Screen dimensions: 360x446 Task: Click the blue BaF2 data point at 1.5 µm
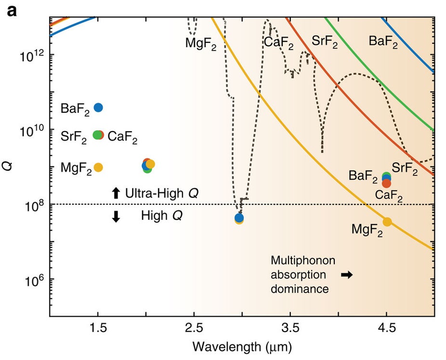coord(98,107)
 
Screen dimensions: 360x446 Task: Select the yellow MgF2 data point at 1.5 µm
coord(98,167)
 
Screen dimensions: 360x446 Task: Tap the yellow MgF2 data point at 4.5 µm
coord(387,221)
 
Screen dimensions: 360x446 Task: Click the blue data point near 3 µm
coord(239,217)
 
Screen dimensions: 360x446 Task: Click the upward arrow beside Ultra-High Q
coord(116,193)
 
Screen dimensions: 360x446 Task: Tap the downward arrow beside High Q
coord(116,216)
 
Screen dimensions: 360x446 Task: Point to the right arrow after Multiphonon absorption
coord(347,275)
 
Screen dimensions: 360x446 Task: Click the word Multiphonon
coord(302,261)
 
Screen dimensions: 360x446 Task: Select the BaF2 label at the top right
coord(383,42)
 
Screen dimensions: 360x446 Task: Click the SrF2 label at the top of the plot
coord(325,42)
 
